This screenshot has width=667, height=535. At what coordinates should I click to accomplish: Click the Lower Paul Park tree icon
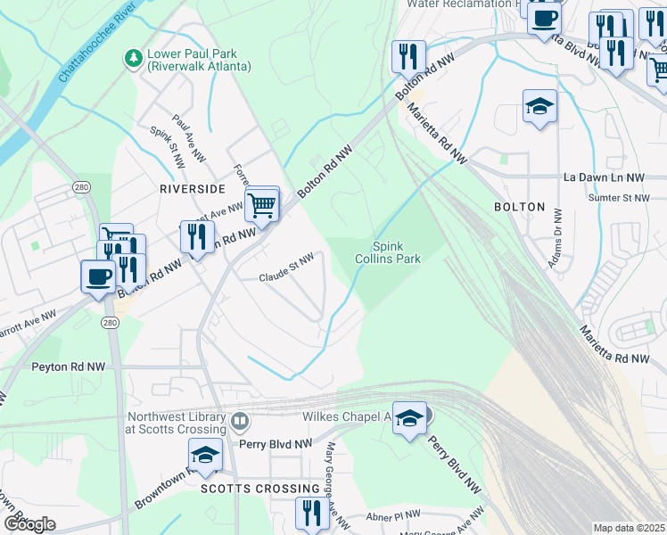click(x=134, y=58)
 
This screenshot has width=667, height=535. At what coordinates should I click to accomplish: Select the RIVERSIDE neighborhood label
click(x=192, y=189)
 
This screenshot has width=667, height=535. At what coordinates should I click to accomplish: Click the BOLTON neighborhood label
click(x=519, y=206)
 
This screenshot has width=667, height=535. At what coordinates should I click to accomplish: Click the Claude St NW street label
click(x=286, y=268)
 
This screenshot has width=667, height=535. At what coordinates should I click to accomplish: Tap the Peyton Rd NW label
click(x=68, y=366)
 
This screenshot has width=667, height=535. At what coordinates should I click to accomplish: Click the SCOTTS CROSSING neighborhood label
click(x=259, y=489)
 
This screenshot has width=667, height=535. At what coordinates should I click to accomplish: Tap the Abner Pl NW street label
click(x=393, y=516)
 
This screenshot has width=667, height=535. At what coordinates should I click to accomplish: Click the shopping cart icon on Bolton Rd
click(x=262, y=205)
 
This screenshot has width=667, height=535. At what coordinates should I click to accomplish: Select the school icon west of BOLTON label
click(x=539, y=107)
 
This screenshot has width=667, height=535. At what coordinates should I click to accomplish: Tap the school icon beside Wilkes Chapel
click(x=409, y=417)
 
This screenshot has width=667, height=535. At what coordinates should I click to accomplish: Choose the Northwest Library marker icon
click(x=238, y=420)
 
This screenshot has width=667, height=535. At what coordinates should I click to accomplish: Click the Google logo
click(x=29, y=524)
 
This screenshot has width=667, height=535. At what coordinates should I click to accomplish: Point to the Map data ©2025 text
click(x=629, y=528)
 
